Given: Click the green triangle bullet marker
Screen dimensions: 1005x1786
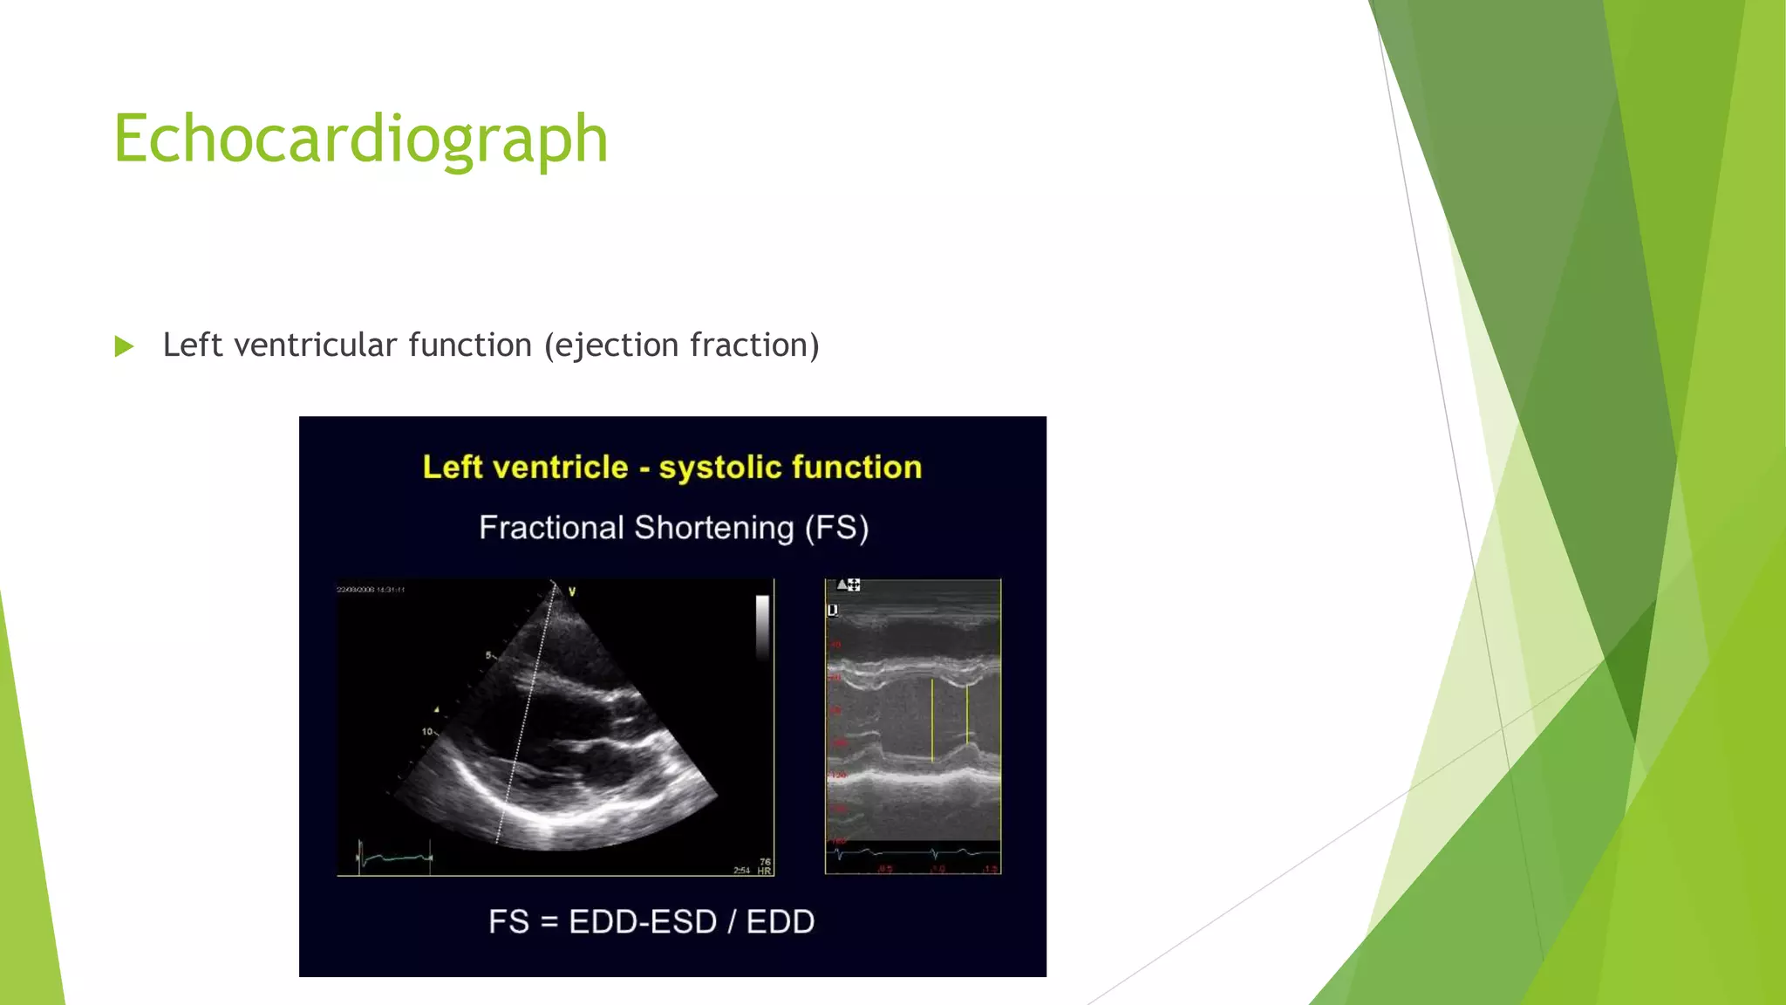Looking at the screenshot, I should (x=124, y=346).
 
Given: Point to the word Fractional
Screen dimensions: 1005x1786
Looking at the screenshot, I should (x=551, y=528).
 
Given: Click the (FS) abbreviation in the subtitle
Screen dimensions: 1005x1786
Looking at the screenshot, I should (x=836, y=528).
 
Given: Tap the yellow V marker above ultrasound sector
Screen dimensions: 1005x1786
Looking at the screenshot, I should (x=572, y=592).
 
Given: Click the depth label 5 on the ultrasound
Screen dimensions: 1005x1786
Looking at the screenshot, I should (x=489, y=655).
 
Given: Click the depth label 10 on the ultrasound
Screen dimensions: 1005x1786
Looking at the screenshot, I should (x=427, y=731).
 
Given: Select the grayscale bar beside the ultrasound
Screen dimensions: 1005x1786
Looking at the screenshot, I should (x=762, y=626).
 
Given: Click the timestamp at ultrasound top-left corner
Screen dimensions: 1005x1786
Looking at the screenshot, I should (x=371, y=590).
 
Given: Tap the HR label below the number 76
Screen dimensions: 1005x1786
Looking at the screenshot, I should (x=764, y=871).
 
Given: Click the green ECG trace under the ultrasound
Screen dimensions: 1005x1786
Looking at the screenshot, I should (x=395, y=858).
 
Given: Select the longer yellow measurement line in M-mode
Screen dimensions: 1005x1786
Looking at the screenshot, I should (x=932, y=721).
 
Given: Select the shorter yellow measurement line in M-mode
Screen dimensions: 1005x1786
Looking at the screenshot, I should (x=967, y=715).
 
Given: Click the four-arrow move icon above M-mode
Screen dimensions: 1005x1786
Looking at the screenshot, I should (x=854, y=585).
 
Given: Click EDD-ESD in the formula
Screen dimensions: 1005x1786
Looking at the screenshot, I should (x=642, y=922).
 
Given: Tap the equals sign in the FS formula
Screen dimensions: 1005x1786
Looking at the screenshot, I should (x=549, y=923).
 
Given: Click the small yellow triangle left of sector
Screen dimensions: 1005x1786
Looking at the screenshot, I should (x=437, y=709).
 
